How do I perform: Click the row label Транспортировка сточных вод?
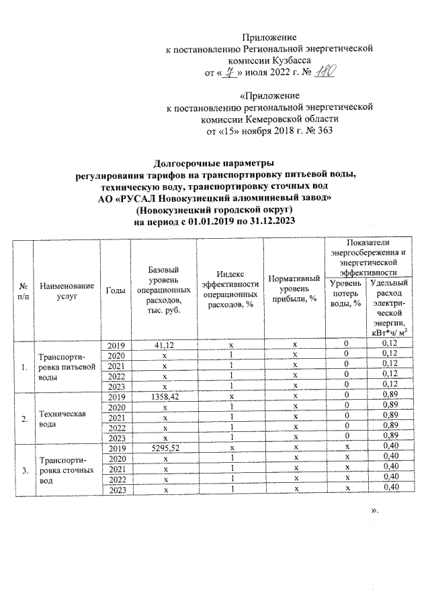tap(62, 471)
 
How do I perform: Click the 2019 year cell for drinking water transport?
tap(116, 345)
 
